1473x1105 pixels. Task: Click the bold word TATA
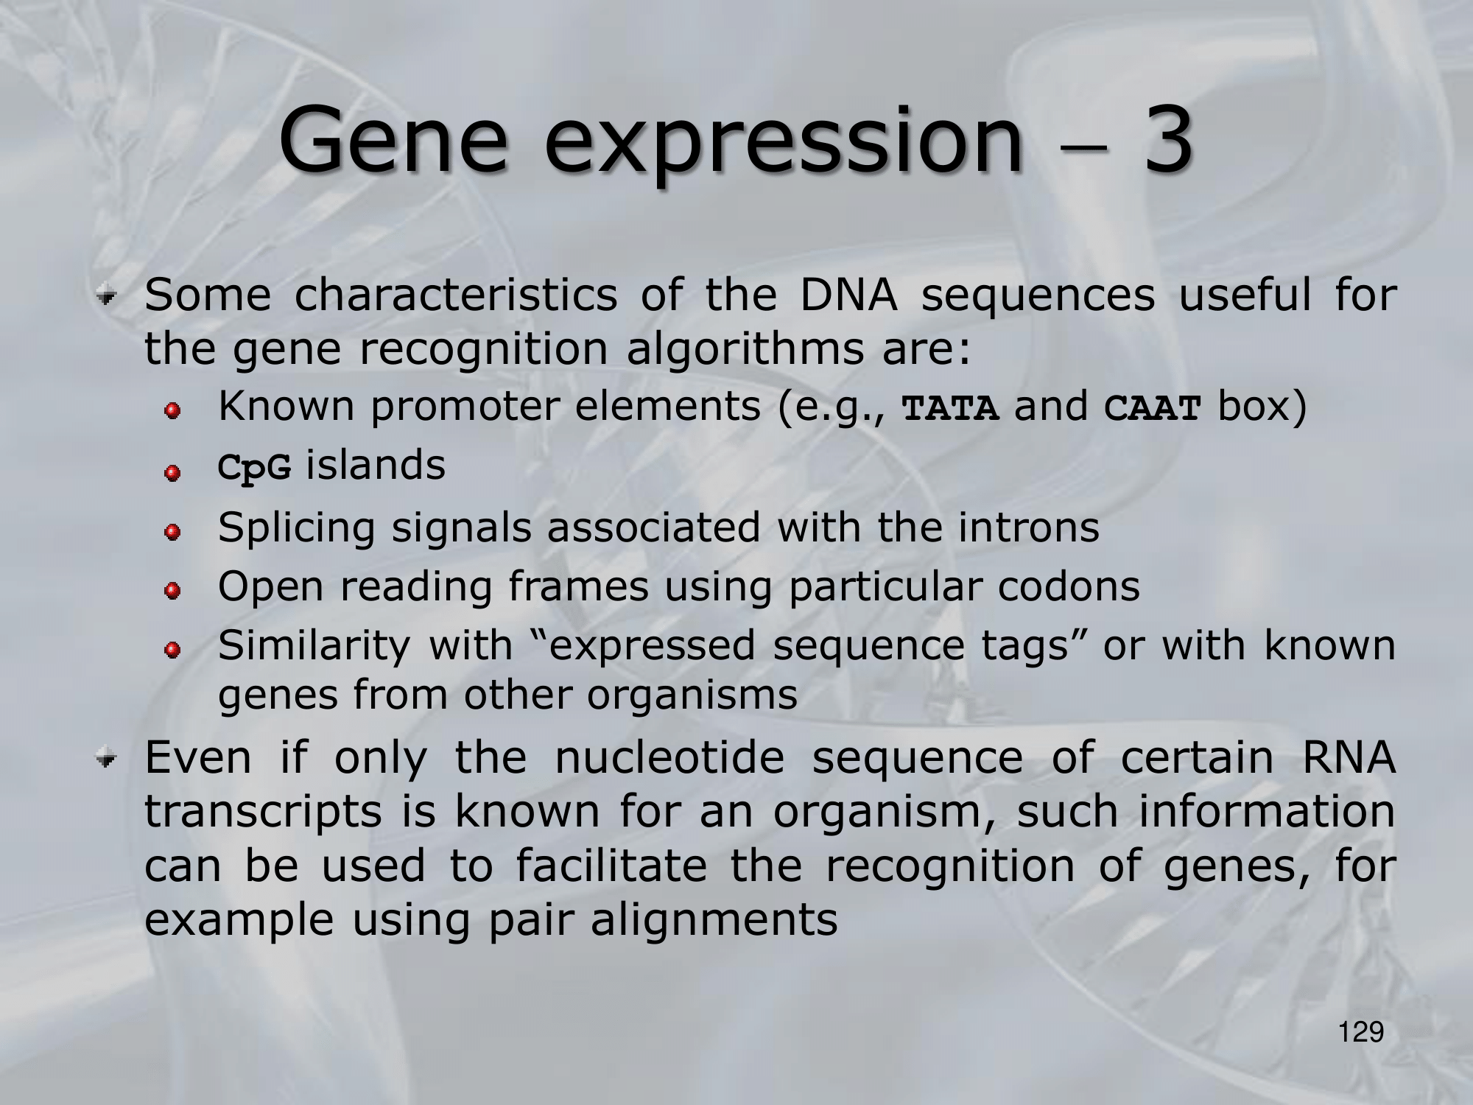point(951,408)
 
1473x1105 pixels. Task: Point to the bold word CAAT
point(1153,408)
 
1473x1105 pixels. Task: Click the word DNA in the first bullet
point(848,295)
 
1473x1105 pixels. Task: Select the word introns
point(1029,527)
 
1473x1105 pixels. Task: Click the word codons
point(1069,587)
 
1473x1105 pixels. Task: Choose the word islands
point(376,466)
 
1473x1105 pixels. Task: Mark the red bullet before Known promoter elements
point(172,410)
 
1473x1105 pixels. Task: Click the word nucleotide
point(670,757)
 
